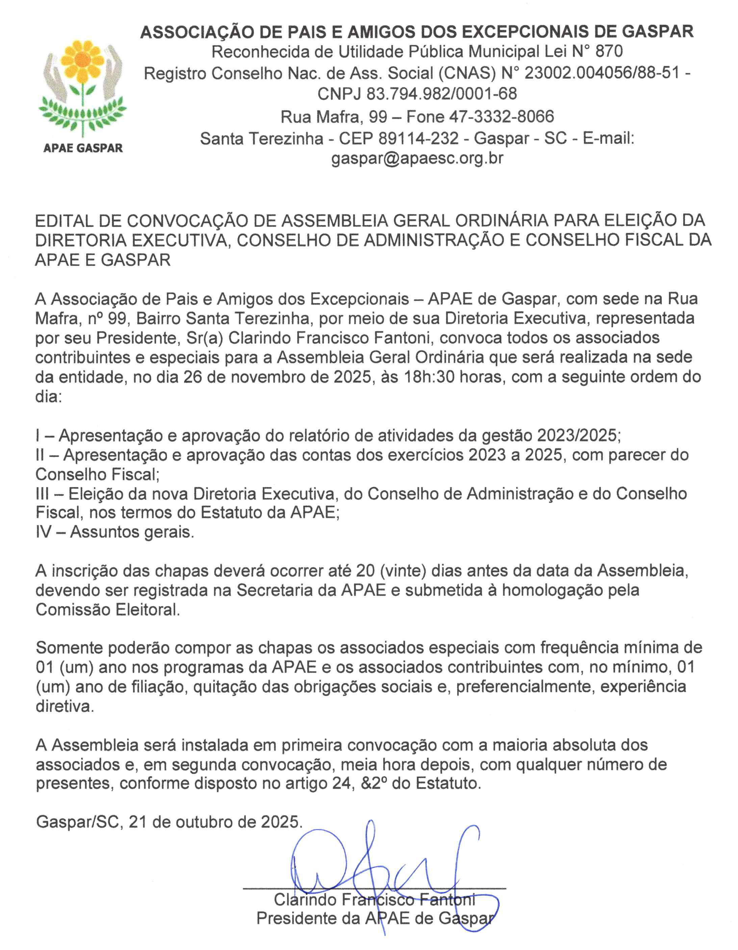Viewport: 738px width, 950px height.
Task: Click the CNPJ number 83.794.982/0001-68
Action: [441, 94]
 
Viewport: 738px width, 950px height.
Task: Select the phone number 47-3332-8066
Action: [502, 116]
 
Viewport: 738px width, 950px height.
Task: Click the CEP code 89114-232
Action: [418, 138]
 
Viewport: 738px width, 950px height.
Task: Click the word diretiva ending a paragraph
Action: [64, 706]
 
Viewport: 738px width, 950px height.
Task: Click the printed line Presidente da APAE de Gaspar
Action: [375, 918]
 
